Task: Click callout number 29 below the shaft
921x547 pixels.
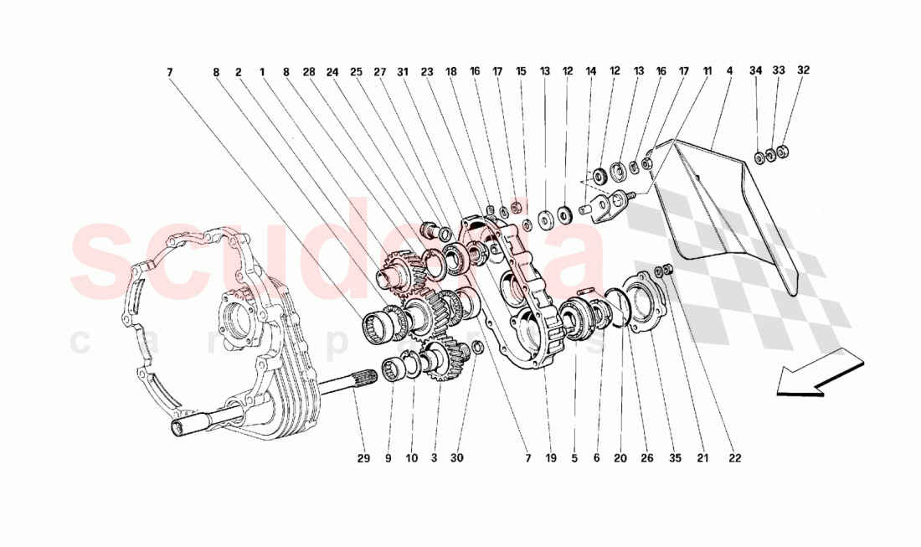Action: point(363,458)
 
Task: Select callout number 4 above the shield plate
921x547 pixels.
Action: point(729,72)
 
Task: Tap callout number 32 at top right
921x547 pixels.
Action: point(803,72)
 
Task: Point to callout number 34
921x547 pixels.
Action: point(756,72)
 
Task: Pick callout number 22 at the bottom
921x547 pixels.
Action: point(733,458)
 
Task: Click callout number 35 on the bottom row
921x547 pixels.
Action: point(675,458)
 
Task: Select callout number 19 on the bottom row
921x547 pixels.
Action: point(551,458)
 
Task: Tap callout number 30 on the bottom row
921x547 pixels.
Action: point(456,458)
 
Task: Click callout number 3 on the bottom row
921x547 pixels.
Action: point(434,458)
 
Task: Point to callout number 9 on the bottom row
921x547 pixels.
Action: point(388,458)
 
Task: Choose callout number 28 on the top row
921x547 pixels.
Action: point(309,72)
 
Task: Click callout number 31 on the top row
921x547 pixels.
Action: point(403,72)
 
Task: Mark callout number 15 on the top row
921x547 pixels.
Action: point(521,72)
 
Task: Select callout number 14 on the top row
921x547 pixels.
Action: point(591,72)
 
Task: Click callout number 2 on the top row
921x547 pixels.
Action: point(239,72)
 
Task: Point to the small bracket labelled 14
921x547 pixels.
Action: point(610,206)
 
